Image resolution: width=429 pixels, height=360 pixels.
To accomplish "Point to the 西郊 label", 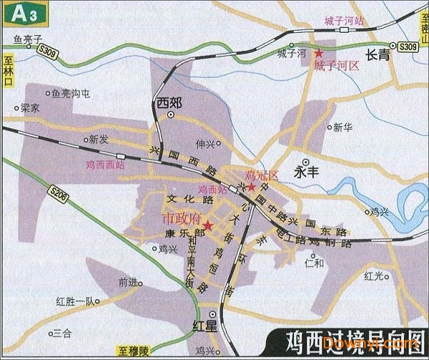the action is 169,104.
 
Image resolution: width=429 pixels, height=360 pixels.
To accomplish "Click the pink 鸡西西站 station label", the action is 105,165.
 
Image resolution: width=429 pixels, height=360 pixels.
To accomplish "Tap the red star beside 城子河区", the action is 320,54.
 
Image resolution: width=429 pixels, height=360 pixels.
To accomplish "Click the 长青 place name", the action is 378,55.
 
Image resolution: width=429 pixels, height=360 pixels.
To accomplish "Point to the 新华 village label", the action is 343,127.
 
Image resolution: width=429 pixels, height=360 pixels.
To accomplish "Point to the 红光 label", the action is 374,275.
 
